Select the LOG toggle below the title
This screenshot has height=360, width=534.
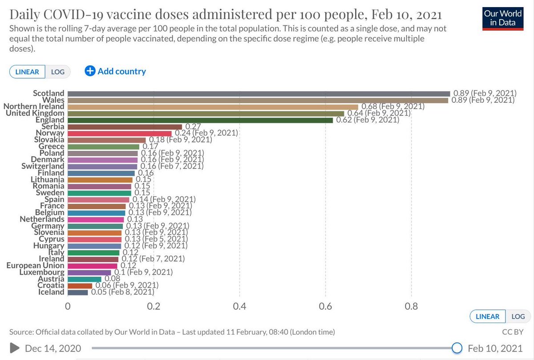(58, 72)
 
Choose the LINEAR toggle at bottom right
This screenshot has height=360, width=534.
(487, 316)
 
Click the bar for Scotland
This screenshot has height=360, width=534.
(259, 93)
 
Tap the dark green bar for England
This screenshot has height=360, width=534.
(200, 120)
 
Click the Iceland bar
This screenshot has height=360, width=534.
(77, 292)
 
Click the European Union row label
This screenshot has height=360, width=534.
(35, 266)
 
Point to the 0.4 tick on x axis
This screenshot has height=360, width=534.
(239, 306)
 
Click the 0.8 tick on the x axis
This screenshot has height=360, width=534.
(411, 306)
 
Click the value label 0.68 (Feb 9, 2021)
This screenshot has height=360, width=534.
(392, 107)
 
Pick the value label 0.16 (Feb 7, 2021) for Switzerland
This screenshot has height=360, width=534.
(172, 166)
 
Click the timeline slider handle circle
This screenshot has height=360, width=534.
(456, 348)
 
